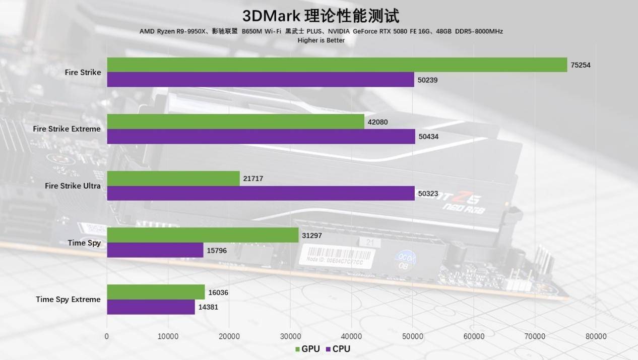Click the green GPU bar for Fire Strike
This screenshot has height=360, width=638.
337,65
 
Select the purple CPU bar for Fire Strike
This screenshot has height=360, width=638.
260,80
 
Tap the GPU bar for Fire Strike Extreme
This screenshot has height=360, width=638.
235,122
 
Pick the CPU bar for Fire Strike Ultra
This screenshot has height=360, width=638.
261,193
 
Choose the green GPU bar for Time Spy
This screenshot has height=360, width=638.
203,235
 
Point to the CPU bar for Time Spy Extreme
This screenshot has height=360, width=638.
151,307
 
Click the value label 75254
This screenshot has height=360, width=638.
581,65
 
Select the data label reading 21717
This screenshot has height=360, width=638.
253,178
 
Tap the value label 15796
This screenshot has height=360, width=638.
217,250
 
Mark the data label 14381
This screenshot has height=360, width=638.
208,307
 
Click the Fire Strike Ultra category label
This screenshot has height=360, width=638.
73,186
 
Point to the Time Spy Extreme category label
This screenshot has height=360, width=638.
68,299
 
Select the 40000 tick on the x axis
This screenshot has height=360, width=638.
351,336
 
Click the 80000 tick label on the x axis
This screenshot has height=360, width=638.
595,336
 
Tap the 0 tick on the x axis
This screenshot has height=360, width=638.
107,336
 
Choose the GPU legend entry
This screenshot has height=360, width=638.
307,349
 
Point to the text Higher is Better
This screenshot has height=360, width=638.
321,40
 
